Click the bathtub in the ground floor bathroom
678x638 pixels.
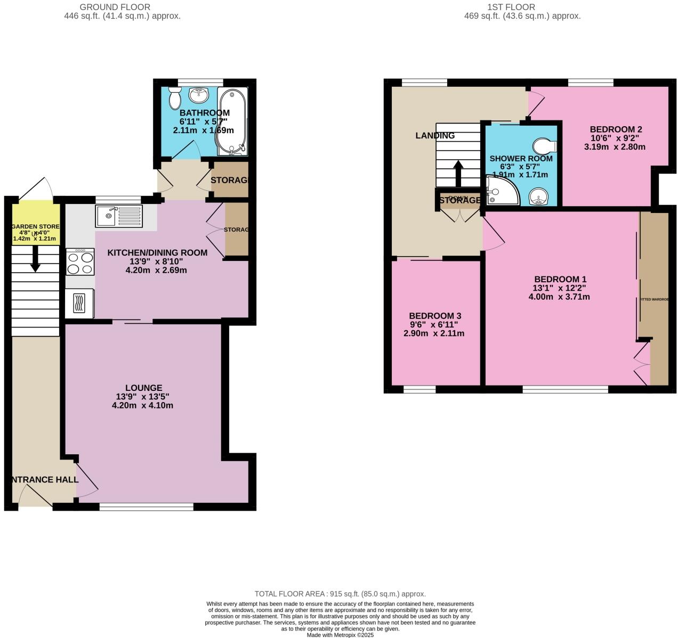[232, 120]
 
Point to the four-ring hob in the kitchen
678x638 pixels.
[80, 261]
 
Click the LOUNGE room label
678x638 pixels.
[144, 388]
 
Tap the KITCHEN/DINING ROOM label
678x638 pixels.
[157, 252]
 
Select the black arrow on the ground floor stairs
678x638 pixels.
[35, 261]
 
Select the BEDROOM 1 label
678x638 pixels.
[560, 279]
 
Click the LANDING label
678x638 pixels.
[435, 135]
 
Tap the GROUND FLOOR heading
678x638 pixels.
[115, 7]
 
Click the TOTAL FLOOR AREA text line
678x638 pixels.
[340, 594]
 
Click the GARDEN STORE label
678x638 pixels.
[35, 226]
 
